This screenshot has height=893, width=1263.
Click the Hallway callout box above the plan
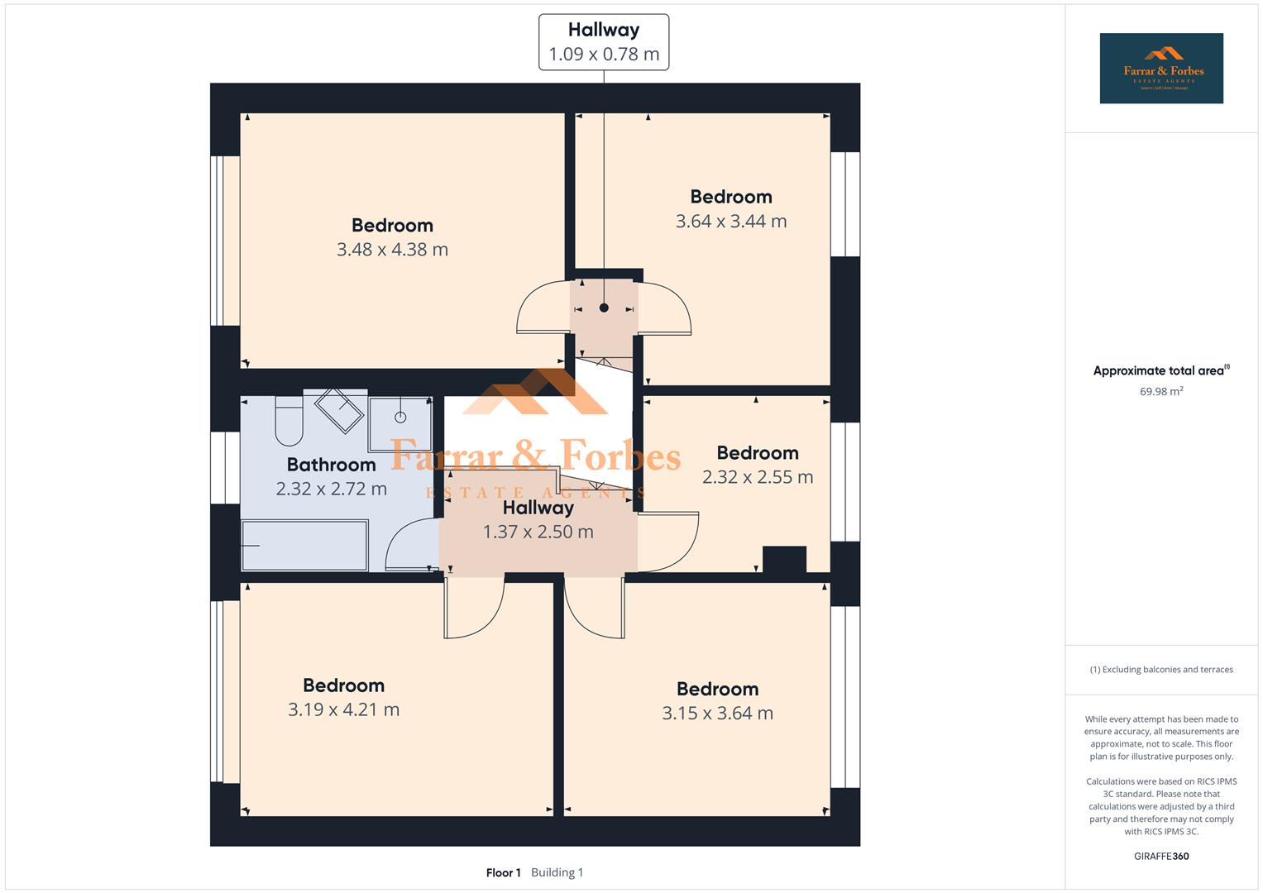604,42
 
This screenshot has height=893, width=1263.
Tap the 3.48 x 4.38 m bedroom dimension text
392,250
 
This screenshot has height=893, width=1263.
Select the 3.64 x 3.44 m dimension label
731,222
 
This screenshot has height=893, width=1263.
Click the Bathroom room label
331,465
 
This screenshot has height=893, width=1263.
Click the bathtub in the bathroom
304,545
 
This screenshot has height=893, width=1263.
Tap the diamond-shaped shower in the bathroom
339,410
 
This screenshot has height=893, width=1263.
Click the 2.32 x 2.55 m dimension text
758,477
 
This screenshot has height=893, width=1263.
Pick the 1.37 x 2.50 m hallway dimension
538,532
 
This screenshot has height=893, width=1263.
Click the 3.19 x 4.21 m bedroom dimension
343,709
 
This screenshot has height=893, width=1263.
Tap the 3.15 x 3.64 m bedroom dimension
717,714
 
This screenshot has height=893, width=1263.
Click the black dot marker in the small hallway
604,308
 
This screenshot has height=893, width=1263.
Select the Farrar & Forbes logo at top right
1161,69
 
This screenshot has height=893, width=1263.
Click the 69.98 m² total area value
1161,392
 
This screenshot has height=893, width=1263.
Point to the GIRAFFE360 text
1161,856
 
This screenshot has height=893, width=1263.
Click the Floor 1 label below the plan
503,872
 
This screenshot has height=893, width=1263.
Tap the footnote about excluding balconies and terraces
1161,670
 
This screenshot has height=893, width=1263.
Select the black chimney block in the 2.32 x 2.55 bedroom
784,559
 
